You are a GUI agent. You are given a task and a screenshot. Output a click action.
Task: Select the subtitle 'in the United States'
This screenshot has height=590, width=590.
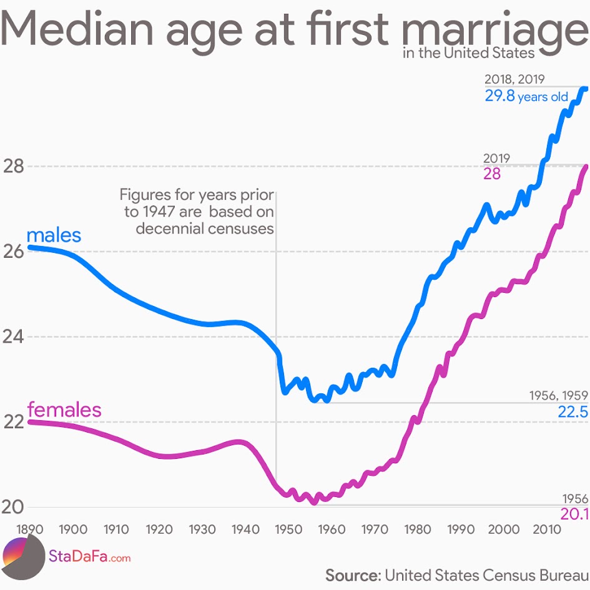click(469, 52)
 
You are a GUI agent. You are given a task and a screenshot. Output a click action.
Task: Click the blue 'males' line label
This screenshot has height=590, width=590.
click(54, 235)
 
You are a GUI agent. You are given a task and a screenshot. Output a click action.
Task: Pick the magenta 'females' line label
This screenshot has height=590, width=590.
click(64, 410)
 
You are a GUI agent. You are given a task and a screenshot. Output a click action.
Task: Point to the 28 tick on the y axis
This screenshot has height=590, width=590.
click(13, 167)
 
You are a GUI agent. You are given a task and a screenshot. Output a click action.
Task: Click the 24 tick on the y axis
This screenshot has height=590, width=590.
click(13, 337)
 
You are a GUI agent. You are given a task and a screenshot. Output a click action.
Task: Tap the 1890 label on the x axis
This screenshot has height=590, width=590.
click(30, 529)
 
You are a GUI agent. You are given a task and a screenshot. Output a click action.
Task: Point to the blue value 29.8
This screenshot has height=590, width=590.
click(499, 96)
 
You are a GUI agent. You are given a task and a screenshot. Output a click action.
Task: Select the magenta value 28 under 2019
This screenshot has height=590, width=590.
click(492, 174)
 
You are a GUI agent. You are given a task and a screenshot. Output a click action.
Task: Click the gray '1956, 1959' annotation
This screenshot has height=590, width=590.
click(558, 395)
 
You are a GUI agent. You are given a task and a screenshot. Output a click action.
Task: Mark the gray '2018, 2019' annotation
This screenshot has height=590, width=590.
click(514, 79)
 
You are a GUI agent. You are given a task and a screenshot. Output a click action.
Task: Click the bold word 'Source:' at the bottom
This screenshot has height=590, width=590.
click(352, 574)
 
